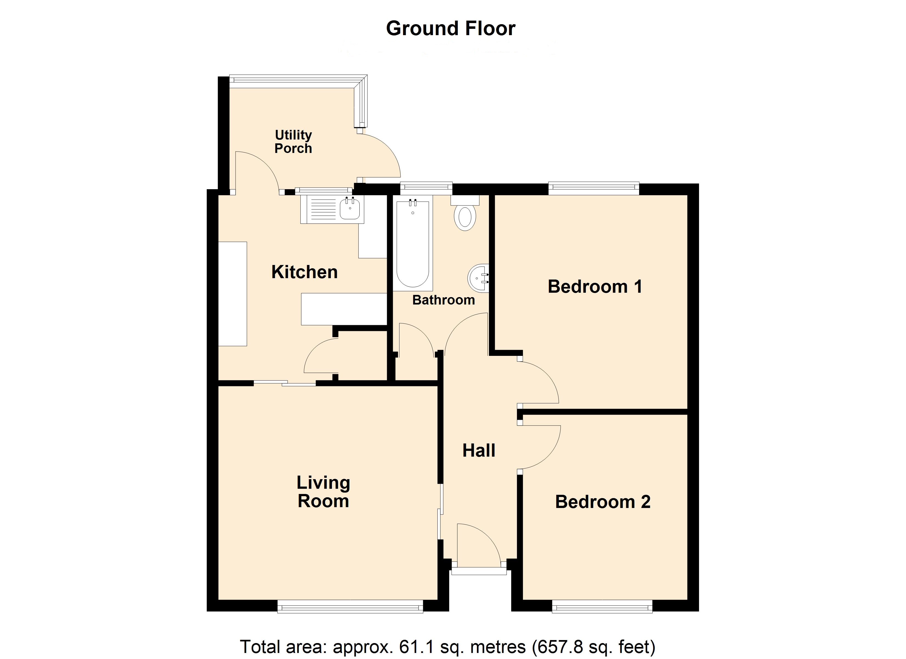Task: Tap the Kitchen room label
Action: click(x=304, y=272)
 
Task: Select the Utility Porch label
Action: click(x=293, y=142)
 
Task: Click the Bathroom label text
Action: click(x=443, y=300)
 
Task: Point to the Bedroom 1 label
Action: click(x=595, y=287)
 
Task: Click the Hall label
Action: click(x=479, y=450)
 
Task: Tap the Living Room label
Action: click(x=323, y=492)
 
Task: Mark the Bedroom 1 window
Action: click(x=594, y=188)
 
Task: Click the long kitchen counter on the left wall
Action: click(x=233, y=294)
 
